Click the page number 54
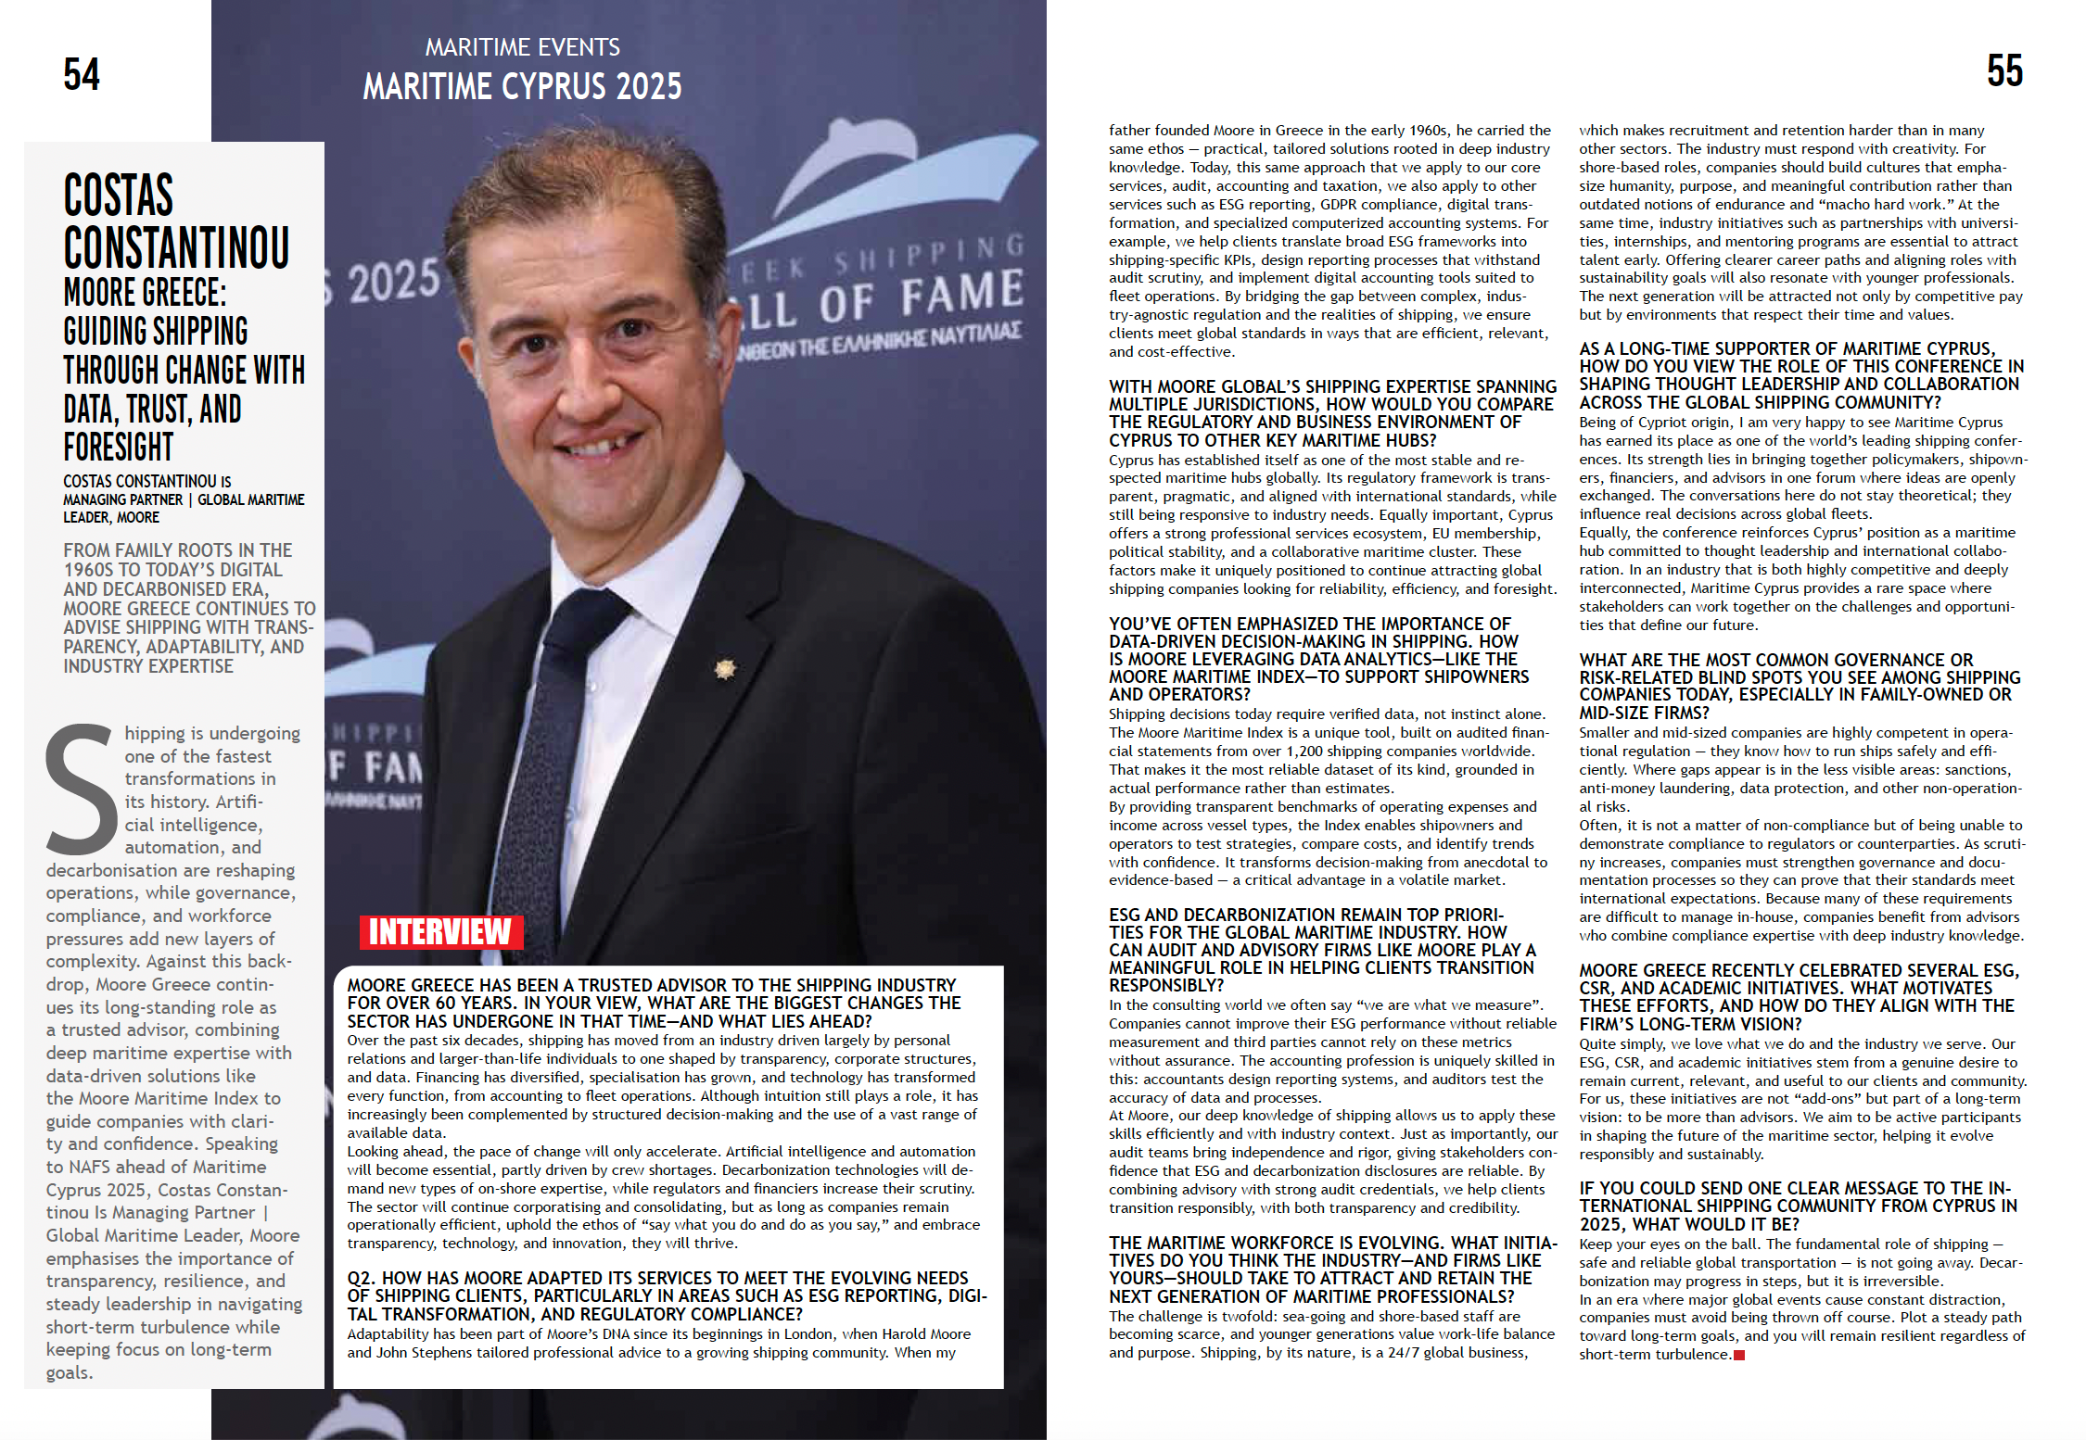82,74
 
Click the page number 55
2004,70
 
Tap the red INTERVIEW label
440,932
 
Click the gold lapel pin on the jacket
725,668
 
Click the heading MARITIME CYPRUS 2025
522,87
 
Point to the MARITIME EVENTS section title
522,46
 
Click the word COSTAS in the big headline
119,196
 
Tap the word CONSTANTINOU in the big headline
176,247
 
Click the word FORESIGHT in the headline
119,448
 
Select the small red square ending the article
1739,1356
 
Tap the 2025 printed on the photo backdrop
393,281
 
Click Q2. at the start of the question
362,1279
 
